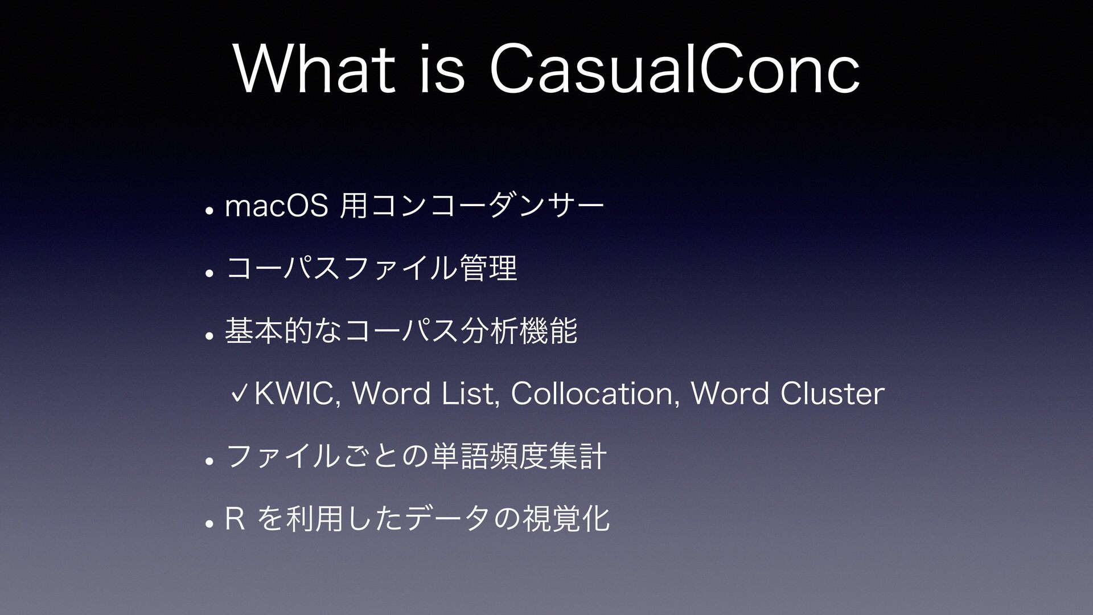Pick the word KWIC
tap(297, 393)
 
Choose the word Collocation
tap(593, 393)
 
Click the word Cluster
tap(832, 393)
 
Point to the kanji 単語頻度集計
tap(518, 456)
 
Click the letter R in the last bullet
tap(235, 519)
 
